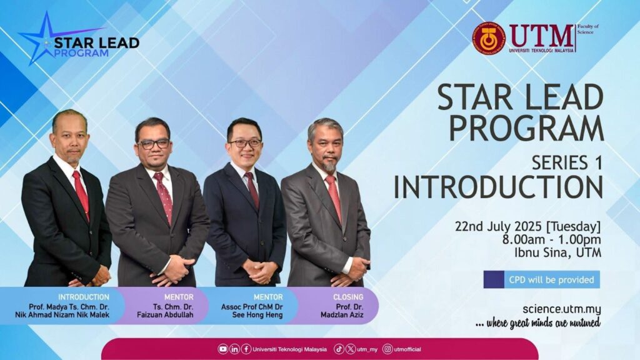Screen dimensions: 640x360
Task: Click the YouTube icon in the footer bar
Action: point(223,349)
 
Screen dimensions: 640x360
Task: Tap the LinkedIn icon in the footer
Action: point(235,349)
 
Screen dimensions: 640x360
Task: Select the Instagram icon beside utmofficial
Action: point(387,349)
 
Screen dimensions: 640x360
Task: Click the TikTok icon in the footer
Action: point(339,349)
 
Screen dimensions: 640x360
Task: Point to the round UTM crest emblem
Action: point(489,38)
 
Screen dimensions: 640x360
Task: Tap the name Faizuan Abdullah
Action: point(165,315)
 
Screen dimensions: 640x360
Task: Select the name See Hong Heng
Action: point(257,315)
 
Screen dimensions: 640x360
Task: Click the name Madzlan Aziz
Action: point(342,315)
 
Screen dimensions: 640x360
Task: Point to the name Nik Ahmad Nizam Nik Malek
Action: point(62,315)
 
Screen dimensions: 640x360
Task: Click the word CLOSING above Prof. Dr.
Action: point(348,297)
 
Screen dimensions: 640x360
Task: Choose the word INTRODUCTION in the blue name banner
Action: point(84,297)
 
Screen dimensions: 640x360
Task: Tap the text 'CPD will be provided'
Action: point(551,280)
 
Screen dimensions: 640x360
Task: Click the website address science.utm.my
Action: point(562,309)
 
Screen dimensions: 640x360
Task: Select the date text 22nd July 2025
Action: point(499,226)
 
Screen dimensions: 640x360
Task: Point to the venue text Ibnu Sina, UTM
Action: point(558,252)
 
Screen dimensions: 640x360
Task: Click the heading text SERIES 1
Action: point(567,163)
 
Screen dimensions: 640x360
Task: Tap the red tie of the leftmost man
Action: point(81,194)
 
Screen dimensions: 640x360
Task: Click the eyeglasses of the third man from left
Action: point(245,143)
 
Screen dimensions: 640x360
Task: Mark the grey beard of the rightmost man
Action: point(329,164)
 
